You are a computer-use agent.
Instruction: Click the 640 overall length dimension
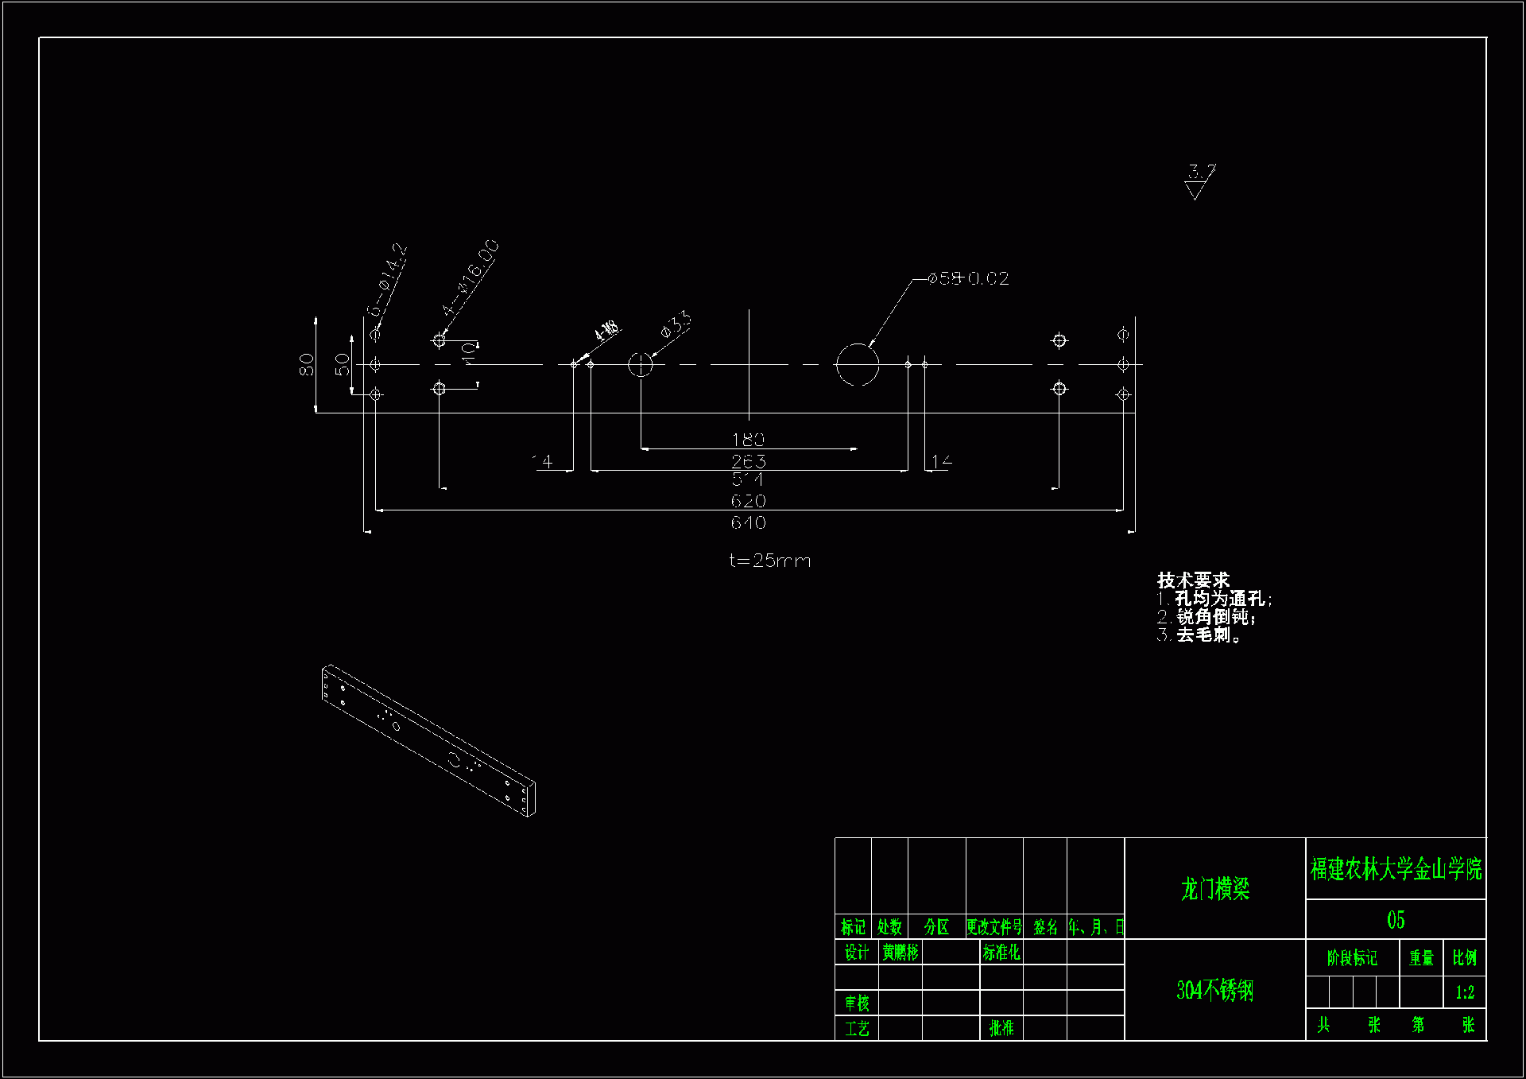point(748,522)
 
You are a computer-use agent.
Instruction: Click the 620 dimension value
point(748,501)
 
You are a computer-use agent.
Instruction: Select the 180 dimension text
point(748,440)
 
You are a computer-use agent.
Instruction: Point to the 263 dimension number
point(748,461)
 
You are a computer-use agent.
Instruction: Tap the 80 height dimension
point(306,364)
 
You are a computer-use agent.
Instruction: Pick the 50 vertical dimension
point(342,364)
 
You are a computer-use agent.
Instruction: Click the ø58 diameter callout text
point(969,278)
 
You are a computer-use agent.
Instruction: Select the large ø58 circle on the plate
point(857,364)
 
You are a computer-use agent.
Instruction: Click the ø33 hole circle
point(640,364)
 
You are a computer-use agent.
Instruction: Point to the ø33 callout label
point(676,325)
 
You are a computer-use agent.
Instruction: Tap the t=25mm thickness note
point(769,561)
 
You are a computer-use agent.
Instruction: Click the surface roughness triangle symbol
point(1195,190)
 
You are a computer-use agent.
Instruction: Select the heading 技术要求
point(1193,580)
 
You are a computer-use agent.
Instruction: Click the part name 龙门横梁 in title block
point(1214,889)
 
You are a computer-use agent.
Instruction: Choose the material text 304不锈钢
point(1214,990)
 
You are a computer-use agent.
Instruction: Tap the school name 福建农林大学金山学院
point(1396,869)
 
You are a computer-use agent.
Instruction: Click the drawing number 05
point(1396,920)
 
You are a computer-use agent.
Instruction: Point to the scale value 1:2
point(1465,992)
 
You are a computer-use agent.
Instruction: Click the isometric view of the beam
point(428,740)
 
